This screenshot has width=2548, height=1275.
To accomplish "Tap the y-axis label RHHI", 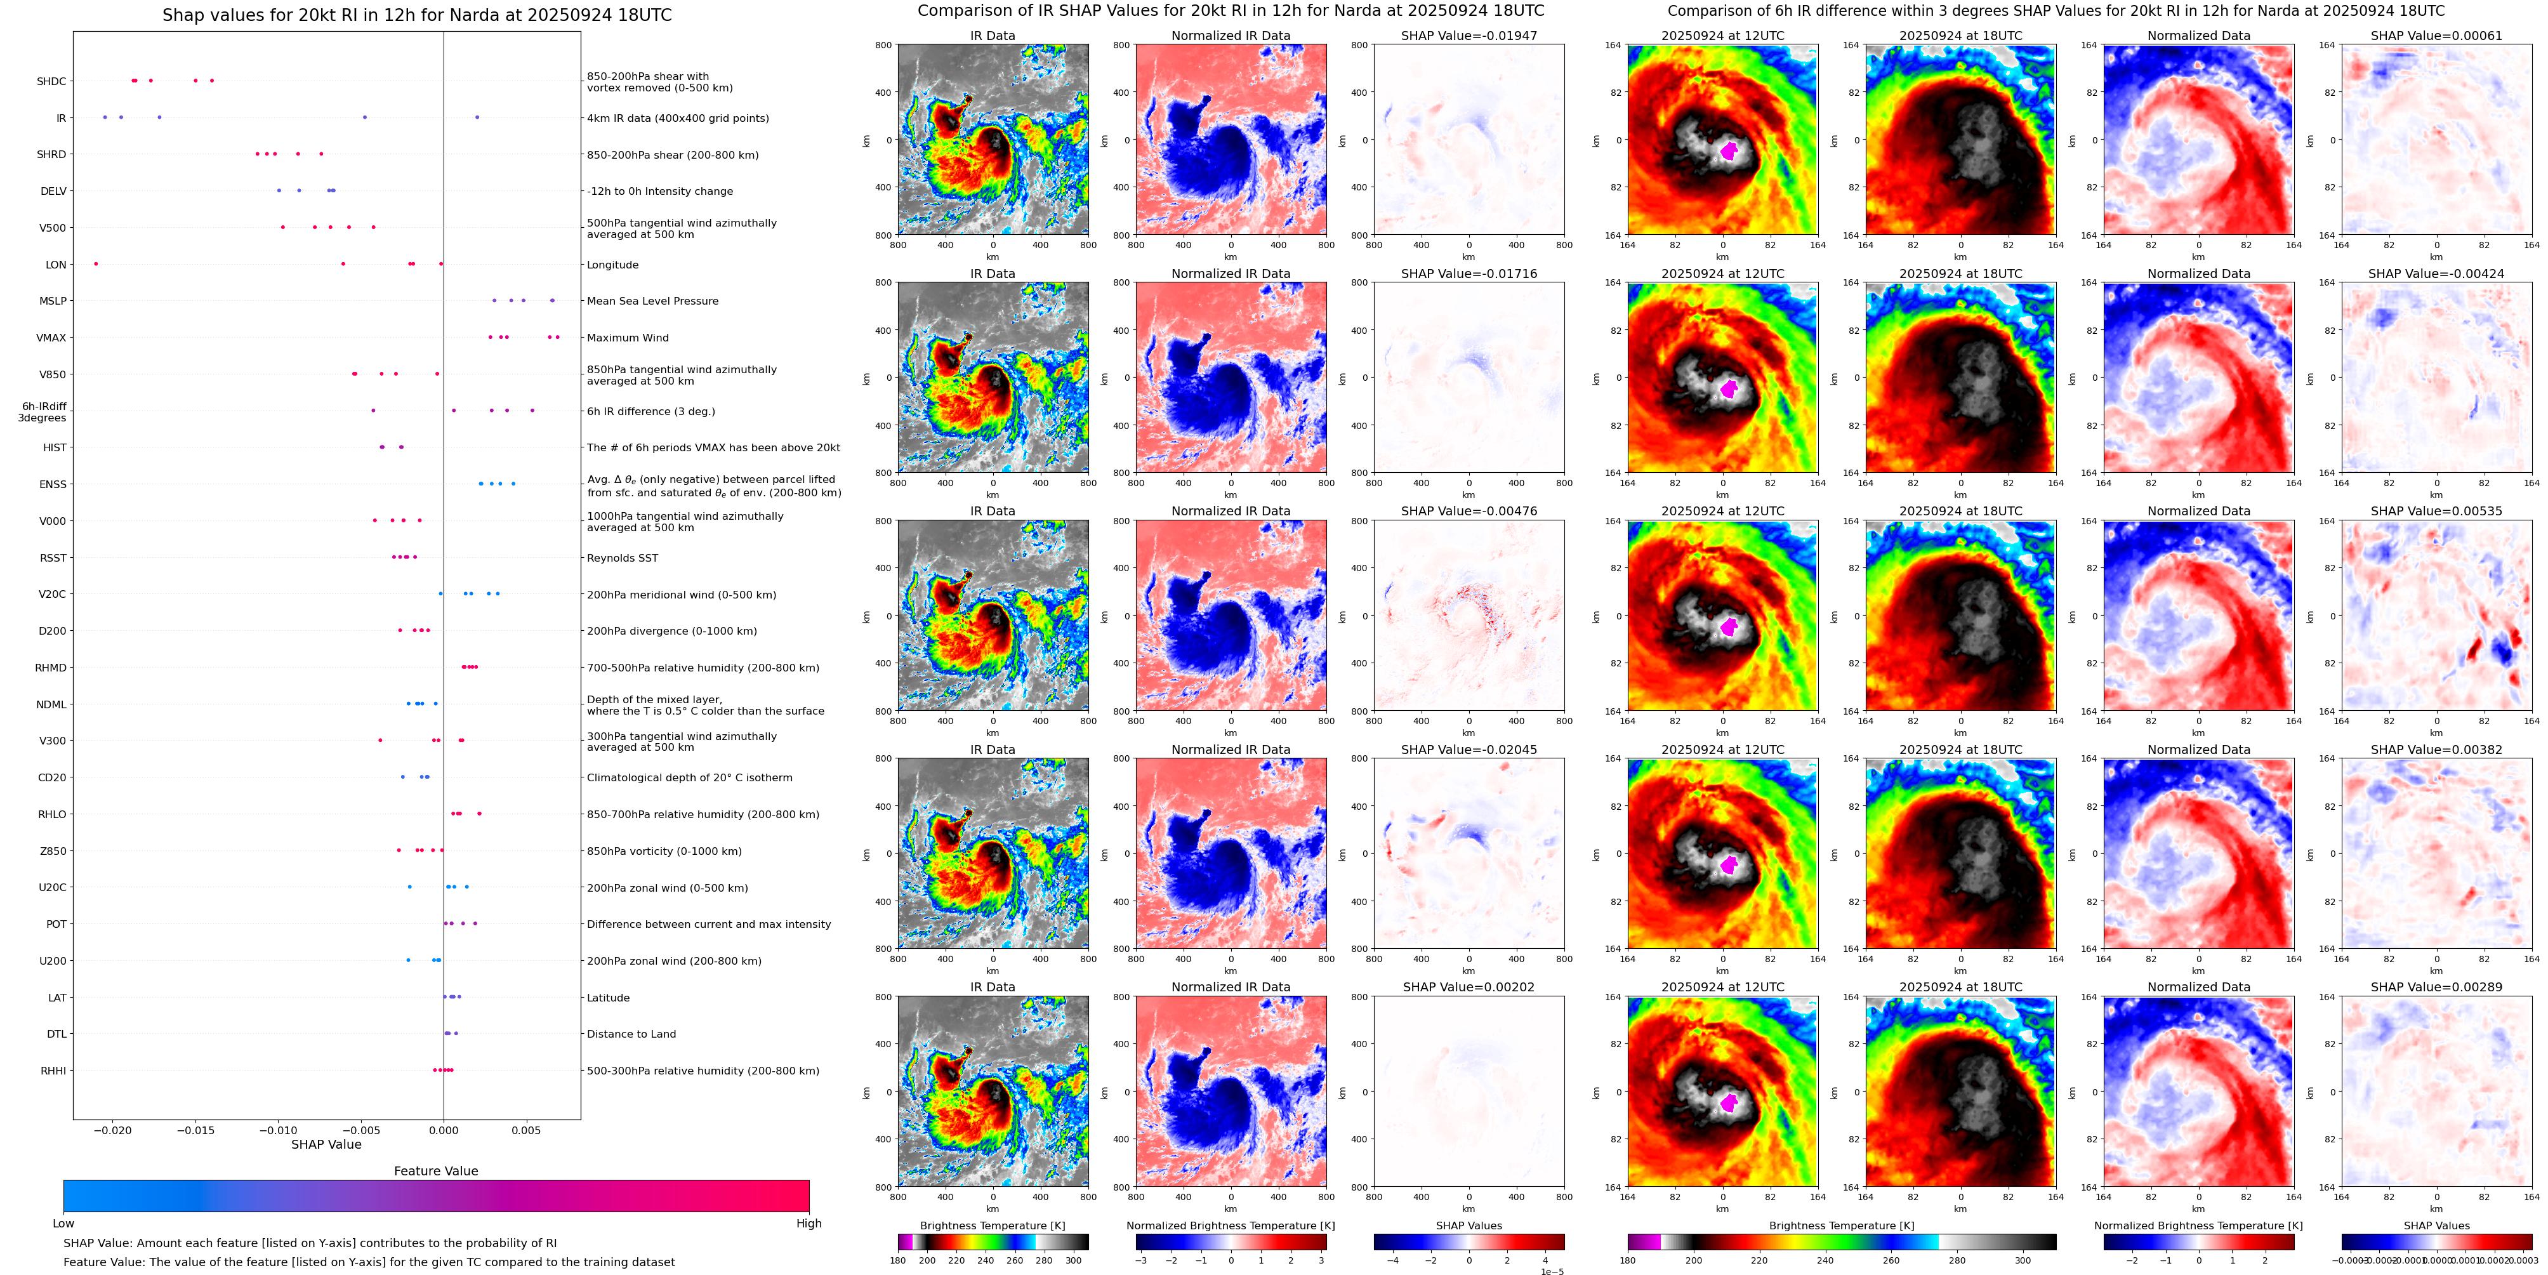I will coord(53,1070).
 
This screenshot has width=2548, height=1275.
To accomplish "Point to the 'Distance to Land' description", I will coord(631,1034).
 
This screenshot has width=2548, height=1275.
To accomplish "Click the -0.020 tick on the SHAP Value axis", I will coord(113,1130).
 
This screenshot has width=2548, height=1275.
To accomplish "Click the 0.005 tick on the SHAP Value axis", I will coord(526,1130).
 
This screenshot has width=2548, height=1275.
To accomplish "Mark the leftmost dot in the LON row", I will coord(96,264).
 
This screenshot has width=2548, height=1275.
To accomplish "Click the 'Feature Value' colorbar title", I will coord(435,1170).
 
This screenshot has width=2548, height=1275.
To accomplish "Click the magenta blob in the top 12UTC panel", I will coord(1729,151).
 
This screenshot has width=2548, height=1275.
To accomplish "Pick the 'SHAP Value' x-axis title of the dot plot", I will coord(326,1144).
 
